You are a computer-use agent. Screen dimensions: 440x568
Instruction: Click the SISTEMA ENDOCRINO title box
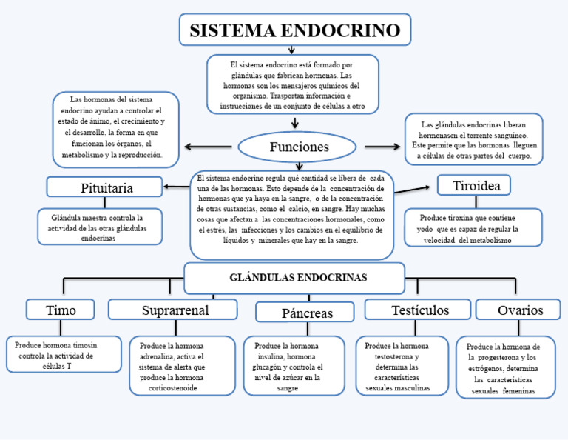tap(294, 30)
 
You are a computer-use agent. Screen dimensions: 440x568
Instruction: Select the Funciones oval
tap(299, 147)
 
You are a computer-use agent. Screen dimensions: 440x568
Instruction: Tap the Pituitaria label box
tap(105, 187)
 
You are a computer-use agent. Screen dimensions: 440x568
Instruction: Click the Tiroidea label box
tap(476, 186)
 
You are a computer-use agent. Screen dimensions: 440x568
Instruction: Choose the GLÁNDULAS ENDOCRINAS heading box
tap(294, 278)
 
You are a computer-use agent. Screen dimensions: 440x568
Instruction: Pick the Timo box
tap(61, 310)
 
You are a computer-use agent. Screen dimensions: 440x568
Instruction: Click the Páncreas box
tap(306, 313)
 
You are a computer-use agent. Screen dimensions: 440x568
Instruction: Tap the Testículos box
tap(418, 310)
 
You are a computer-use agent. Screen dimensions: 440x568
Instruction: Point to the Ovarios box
tap(520, 310)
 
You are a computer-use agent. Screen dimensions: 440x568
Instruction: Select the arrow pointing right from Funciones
tap(381, 147)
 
